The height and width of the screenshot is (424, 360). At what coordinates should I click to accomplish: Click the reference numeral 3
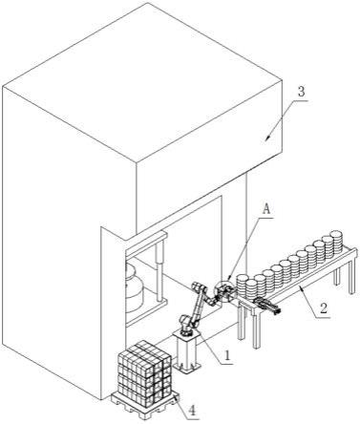point(301,92)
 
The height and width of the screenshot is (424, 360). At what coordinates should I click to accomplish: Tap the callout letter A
point(266,209)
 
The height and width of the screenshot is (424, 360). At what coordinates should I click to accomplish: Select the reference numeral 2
point(324,308)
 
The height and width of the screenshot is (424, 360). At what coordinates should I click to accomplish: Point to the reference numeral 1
point(227,355)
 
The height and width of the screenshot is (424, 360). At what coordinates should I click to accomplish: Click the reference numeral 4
point(192,410)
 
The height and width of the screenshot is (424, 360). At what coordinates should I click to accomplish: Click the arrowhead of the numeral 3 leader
point(268,138)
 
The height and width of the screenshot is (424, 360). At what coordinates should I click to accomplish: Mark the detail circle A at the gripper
point(225,291)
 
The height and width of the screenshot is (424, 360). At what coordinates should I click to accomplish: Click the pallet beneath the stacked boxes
point(145,404)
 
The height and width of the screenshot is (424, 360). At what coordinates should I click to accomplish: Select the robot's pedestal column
point(187,350)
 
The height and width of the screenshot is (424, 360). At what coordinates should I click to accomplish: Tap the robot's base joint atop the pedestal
point(186,324)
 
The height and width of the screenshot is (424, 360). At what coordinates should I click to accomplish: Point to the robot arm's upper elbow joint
point(199,287)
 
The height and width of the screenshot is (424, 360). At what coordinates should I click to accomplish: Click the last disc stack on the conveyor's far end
point(337,241)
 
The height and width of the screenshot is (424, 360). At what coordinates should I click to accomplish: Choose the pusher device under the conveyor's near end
point(266,306)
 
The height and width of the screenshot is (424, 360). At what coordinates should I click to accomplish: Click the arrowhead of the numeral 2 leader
point(299,287)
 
